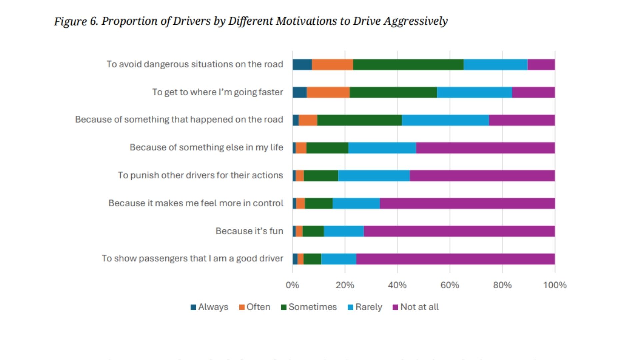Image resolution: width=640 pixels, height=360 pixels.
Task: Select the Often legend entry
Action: [x=255, y=307]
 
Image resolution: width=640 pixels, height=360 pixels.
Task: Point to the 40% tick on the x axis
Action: [x=397, y=285]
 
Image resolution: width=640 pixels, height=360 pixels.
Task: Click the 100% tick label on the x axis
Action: [x=555, y=285]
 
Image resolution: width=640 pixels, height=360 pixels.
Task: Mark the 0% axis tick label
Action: [x=292, y=285]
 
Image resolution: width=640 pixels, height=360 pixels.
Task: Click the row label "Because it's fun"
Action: [x=249, y=231]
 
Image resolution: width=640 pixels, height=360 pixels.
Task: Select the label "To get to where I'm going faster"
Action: [x=218, y=92]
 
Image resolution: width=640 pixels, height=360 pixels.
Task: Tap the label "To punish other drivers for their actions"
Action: [x=200, y=175]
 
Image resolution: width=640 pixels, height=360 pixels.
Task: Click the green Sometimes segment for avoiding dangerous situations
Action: [x=408, y=65]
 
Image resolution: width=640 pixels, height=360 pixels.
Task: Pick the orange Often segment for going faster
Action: [x=328, y=92]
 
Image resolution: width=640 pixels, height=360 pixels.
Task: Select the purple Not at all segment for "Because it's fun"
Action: [x=459, y=231]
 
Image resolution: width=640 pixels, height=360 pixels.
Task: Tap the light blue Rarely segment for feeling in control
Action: [x=356, y=203]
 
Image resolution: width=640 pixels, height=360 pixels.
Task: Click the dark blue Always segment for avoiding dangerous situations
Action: [x=302, y=65]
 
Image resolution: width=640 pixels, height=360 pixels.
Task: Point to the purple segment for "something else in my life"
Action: [x=485, y=148]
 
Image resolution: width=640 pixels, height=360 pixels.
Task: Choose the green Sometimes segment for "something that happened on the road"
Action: [x=359, y=120]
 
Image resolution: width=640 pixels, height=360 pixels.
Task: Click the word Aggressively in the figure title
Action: [x=415, y=21]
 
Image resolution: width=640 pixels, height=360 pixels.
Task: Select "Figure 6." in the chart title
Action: [x=76, y=21]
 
